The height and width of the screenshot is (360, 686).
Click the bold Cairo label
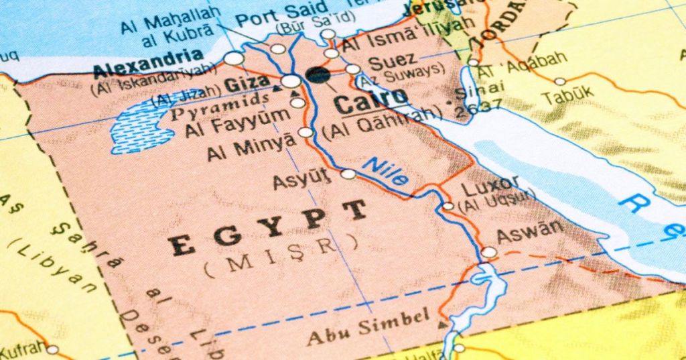tap(370, 101)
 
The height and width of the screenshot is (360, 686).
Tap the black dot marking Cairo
tap(318, 74)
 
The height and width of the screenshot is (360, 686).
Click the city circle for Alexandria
tap(234, 58)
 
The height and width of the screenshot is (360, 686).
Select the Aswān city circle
tap(490, 253)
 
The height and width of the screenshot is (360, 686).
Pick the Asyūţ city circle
tap(348, 174)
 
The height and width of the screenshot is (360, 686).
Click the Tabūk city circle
tap(560, 81)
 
